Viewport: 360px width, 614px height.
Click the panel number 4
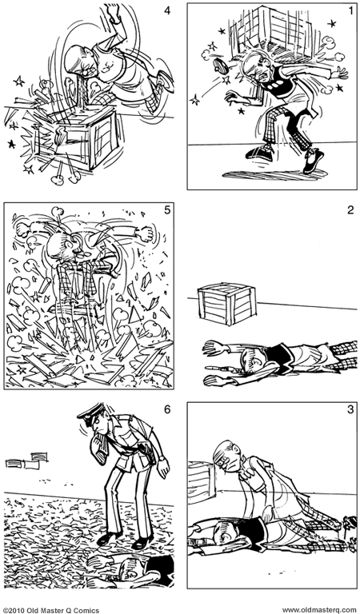tap(167, 10)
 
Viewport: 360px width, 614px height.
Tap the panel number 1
tap(351, 10)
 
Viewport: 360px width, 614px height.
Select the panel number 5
tap(167, 210)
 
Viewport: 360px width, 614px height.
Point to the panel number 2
tap(350, 210)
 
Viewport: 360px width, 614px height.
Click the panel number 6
tap(167, 409)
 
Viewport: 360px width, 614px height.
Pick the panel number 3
tap(350, 409)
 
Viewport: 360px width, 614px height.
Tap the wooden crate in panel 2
tap(227, 304)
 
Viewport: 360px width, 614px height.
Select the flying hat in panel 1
tap(222, 66)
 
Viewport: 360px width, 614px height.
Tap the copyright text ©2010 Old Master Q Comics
tap(51, 610)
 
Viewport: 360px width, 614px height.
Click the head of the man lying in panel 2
tap(250, 361)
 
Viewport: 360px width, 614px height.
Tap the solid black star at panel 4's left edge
tap(11, 144)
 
